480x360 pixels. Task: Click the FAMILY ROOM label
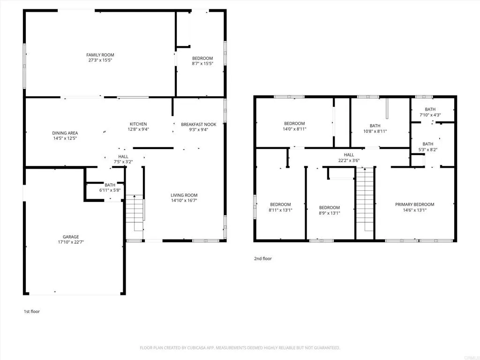pos(100,55)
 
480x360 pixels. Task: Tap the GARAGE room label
pos(71,237)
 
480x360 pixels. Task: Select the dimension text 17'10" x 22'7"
pos(71,242)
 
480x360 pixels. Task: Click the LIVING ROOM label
pos(184,195)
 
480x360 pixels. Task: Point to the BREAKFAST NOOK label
pos(199,124)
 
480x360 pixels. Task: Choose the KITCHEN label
pos(138,124)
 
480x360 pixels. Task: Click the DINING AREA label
pos(65,133)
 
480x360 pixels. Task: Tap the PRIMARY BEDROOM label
pos(414,204)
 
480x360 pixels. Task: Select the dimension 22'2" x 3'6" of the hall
pos(349,160)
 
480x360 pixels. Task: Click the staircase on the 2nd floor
pos(364,202)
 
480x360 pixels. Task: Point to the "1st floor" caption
pos(32,311)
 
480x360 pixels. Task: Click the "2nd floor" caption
pos(262,259)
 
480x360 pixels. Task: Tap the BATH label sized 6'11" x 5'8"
pos(110,185)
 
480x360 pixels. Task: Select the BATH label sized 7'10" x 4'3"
pos(430,109)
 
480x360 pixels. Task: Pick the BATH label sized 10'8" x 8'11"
pos(375,126)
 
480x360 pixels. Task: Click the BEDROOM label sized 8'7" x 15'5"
pos(202,58)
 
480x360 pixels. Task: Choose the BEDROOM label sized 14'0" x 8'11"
pos(294,123)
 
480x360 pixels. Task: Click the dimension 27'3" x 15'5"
pos(100,60)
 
